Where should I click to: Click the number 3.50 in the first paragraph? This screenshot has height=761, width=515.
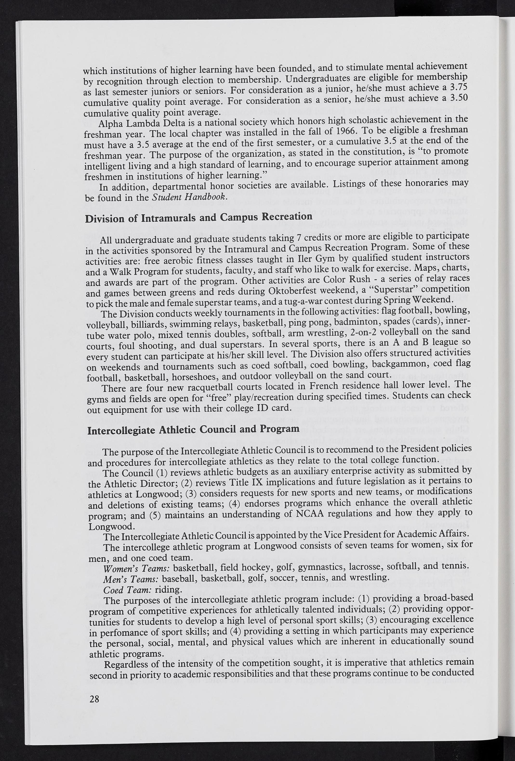(x=459, y=98)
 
